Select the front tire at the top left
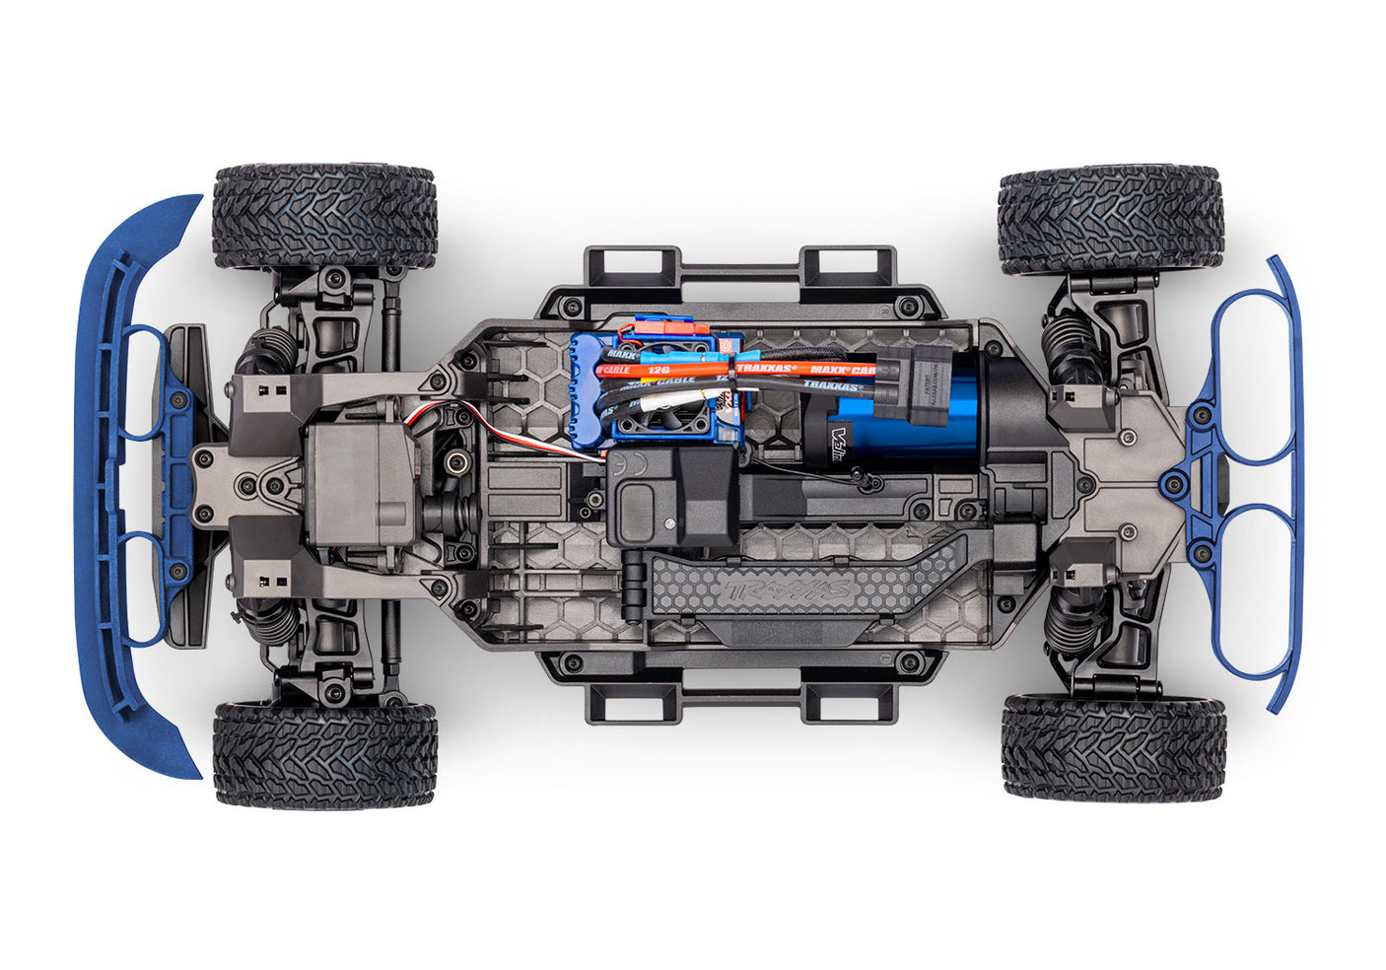tap(324, 216)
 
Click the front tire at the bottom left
tap(324, 754)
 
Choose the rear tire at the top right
tap(1110, 219)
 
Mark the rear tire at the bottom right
tap(1113, 746)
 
